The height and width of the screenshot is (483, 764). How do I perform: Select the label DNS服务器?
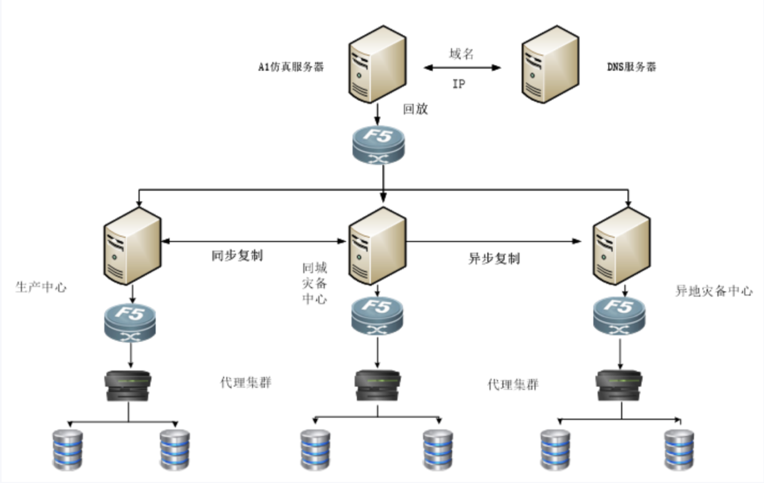631,67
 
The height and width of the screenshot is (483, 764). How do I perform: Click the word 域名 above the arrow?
462,54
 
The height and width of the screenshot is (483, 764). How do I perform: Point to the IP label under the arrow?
459,84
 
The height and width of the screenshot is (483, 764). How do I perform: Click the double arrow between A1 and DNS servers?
462,68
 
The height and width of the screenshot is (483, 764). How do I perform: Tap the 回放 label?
416,109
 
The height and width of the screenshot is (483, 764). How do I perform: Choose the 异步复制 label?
494,259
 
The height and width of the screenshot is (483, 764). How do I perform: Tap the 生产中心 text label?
41,287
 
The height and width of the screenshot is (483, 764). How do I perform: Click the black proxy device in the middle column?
378,387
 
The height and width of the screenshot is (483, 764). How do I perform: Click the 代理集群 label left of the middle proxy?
245,383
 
